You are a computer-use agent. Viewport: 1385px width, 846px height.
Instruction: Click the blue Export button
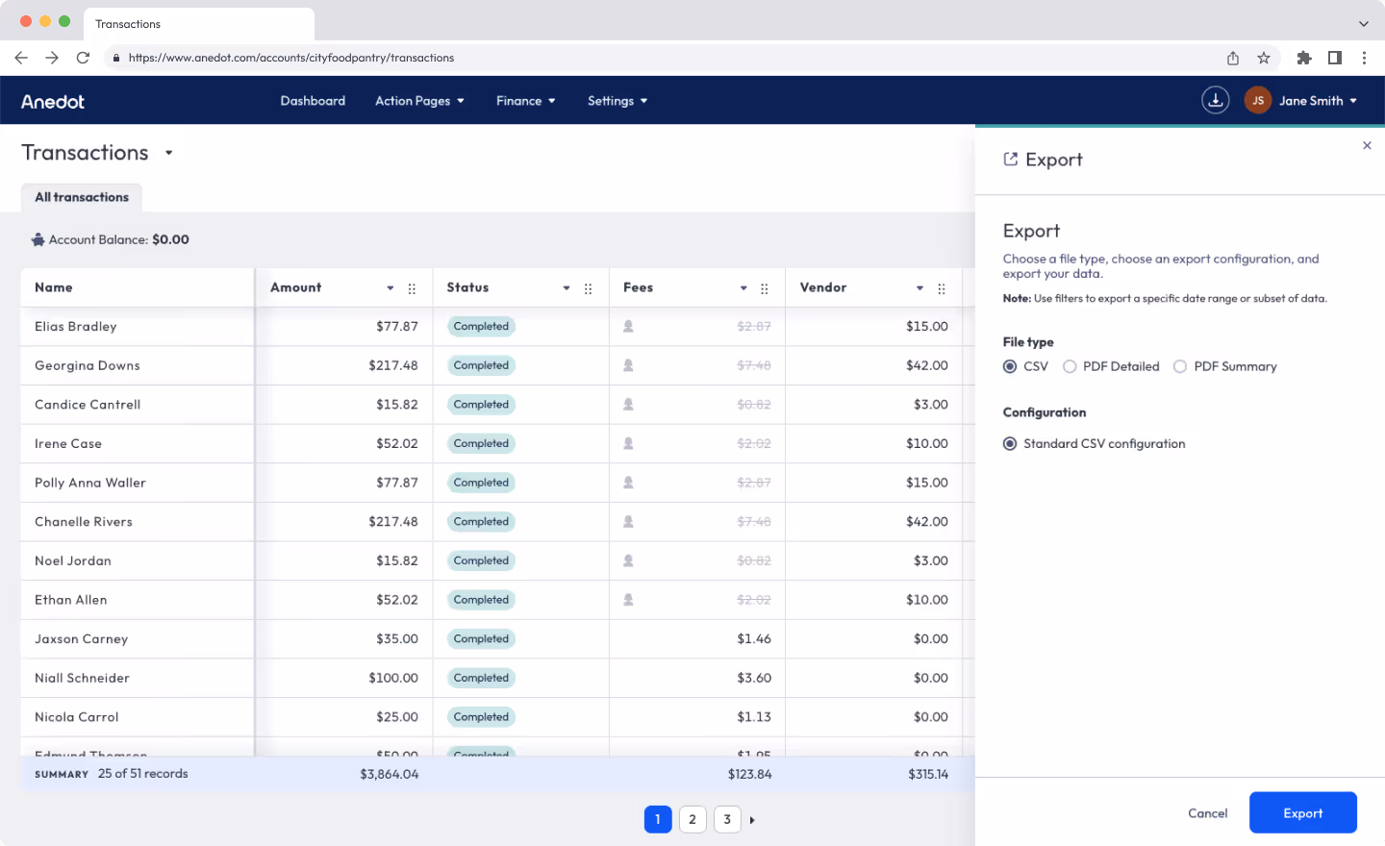click(1302, 813)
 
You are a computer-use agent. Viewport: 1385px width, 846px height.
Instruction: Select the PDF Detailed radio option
click(1070, 366)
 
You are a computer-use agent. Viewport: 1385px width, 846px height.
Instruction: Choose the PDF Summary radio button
click(1180, 366)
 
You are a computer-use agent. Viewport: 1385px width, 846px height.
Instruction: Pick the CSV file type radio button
click(1010, 366)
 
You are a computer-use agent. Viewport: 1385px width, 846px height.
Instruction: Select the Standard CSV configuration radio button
click(1010, 444)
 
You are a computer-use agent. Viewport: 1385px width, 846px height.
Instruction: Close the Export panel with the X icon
click(1367, 146)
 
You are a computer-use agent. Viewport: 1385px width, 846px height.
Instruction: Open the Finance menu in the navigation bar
click(525, 101)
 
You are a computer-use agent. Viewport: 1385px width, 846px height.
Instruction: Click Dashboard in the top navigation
click(313, 101)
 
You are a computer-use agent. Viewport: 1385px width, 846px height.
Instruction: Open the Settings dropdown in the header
click(617, 101)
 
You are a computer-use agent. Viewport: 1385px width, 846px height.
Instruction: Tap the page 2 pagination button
click(692, 820)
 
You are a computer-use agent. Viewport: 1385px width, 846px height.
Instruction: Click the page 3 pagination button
click(727, 820)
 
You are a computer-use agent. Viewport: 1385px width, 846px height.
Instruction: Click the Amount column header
click(296, 287)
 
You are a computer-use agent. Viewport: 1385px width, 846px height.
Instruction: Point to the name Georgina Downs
click(88, 366)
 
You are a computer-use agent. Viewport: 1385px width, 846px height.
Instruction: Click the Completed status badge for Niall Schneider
click(481, 679)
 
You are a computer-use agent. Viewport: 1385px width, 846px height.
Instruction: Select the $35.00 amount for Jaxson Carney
click(397, 639)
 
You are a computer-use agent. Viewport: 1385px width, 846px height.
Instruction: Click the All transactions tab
click(82, 198)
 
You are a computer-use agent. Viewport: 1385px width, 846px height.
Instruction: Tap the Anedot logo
click(53, 102)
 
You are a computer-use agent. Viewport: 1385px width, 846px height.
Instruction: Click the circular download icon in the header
click(1216, 100)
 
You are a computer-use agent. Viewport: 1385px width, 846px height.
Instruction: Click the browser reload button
click(83, 58)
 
